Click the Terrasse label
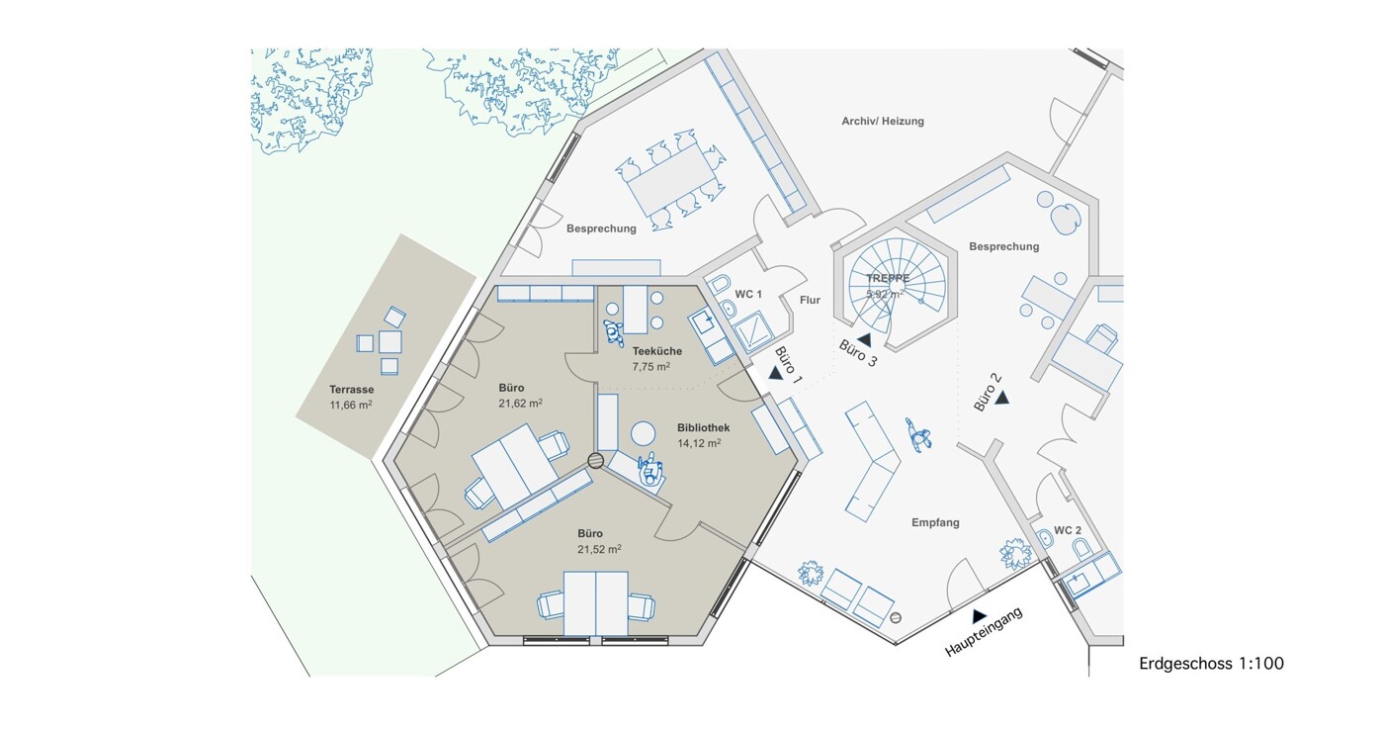point(351,390)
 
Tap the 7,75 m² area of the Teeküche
point(650,366)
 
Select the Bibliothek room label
point(703,427)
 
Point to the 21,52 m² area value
point(599,549)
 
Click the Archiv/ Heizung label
point(882,121)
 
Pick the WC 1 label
point(748,294)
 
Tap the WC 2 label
point(1068,530)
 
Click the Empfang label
point(935,522)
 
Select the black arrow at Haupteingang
point(979,616)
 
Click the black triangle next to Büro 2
point(1001,398)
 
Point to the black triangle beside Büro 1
point(775,373)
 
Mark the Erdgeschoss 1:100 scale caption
point(1211,664)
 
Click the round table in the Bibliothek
point(643,433)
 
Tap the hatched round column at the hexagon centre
point(595,460)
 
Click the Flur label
point(810,301)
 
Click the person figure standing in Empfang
point(918,434)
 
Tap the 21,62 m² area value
point(520,404)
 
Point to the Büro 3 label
point(857,353)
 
